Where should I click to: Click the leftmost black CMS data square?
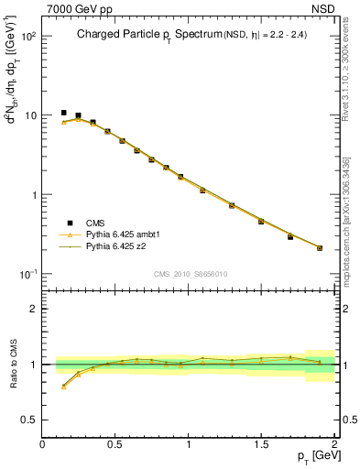tap(63, 113)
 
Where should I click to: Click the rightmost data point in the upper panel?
tap(319, 247)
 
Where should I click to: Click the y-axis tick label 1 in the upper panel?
tap(32, 195)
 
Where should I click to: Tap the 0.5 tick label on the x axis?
tap(115, 445)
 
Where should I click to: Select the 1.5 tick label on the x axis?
tap(261, 445)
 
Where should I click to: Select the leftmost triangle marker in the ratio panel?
tap(63, 386)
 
